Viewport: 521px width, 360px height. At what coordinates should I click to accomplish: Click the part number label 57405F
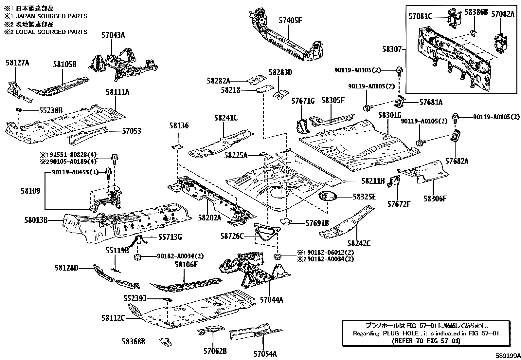(290, 21)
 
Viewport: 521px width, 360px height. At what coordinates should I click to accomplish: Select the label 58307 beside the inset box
(392, 49)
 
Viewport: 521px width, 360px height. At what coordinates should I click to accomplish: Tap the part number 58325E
(364, 197)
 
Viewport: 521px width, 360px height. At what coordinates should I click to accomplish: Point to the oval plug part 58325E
(328, 196)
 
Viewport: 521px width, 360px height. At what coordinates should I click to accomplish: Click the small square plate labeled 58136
(177, 147)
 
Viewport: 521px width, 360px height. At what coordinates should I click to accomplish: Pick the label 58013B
(36, 220)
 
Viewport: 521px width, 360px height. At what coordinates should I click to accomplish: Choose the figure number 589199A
(508, 356)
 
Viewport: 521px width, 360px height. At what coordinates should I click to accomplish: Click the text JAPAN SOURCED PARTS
(51, 16)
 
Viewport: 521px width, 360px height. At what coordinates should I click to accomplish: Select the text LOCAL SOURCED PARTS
(51, 32)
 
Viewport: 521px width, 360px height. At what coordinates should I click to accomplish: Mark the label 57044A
(271, 300)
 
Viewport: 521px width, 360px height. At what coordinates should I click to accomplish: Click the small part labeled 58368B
(166, 342)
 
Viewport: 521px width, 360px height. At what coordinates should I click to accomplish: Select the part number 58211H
(373, 181)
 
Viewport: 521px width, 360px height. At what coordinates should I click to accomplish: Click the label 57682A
(457, 161)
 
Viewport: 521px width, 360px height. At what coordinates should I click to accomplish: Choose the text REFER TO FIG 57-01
(426, 341)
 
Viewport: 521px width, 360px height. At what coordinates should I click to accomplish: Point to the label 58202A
(209, 218)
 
